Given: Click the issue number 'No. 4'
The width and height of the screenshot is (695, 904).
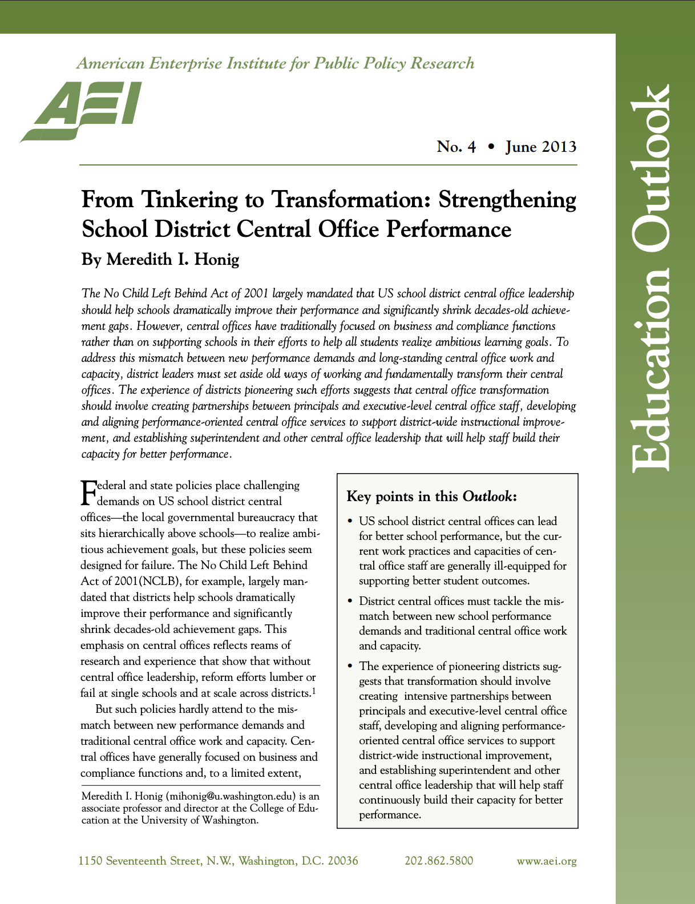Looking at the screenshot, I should (x=456, y=147).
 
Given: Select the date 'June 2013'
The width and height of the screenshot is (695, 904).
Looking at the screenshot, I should (x=540, y=147).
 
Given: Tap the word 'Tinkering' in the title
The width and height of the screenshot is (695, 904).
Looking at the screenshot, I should (x=189, y=200).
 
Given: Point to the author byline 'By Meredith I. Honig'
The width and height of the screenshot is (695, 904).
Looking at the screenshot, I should (x=160, y=260).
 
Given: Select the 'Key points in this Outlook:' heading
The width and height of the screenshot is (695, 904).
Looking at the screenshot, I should (x=431, y=497).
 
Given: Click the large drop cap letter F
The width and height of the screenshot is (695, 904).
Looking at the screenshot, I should (x=88, y=494).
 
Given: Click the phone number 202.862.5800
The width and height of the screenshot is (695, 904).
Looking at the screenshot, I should (x=439, y=861).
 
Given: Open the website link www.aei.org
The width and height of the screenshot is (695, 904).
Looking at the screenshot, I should (x=546, y=861).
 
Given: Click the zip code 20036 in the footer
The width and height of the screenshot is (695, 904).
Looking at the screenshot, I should (x=342, y=861).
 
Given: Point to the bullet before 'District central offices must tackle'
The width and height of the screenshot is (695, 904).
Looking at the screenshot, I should (x=350, y=602).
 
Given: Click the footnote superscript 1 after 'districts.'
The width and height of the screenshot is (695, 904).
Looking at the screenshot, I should (x=314, y=692).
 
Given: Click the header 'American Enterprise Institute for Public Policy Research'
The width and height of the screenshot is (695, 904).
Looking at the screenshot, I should (x=276, y=63).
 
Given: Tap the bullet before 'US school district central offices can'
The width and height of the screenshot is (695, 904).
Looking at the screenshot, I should (x=350, y=522).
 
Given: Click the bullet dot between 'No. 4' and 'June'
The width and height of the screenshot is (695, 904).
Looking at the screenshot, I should (x=491, y=147).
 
